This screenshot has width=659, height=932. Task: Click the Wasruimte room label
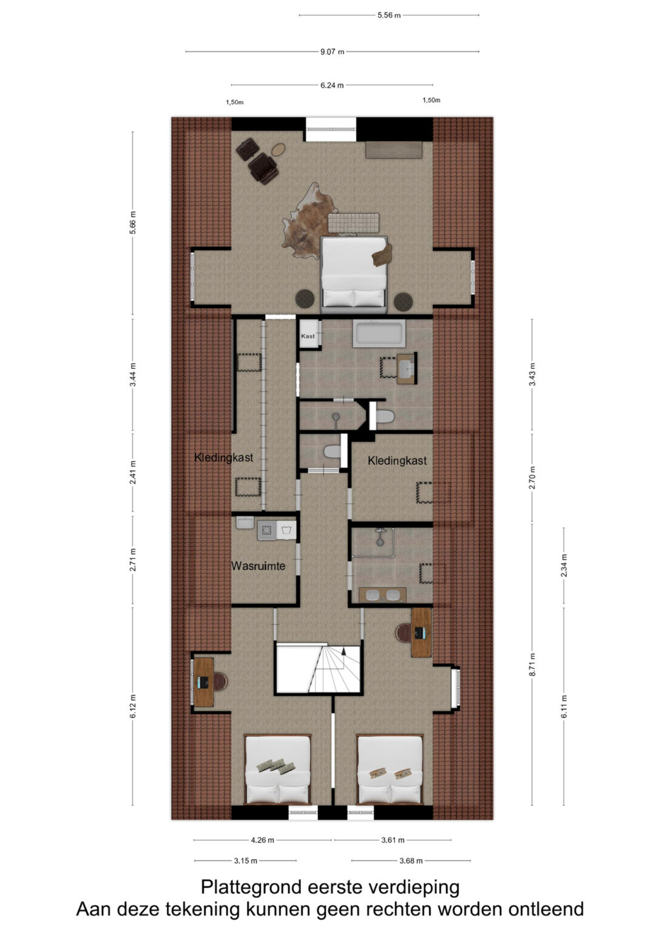(258, 566)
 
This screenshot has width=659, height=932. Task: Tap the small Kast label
(308, 336)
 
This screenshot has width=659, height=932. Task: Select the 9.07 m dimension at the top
(332, 52)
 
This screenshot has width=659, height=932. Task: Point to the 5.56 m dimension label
(389, 15)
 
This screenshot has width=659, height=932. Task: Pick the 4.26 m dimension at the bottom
(263, 840)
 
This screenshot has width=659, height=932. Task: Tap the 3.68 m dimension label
(411, 861)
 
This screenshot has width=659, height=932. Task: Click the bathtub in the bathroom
(379, 334)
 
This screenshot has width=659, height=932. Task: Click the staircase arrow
(343, 655)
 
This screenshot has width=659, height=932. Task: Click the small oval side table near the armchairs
(279, 149)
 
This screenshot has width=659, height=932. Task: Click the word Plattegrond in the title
(251, 887)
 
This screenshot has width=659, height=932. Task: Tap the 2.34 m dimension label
(564, 565)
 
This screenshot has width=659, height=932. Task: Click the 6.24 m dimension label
(332, 86)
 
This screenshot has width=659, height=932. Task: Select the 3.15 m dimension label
(246, 861)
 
